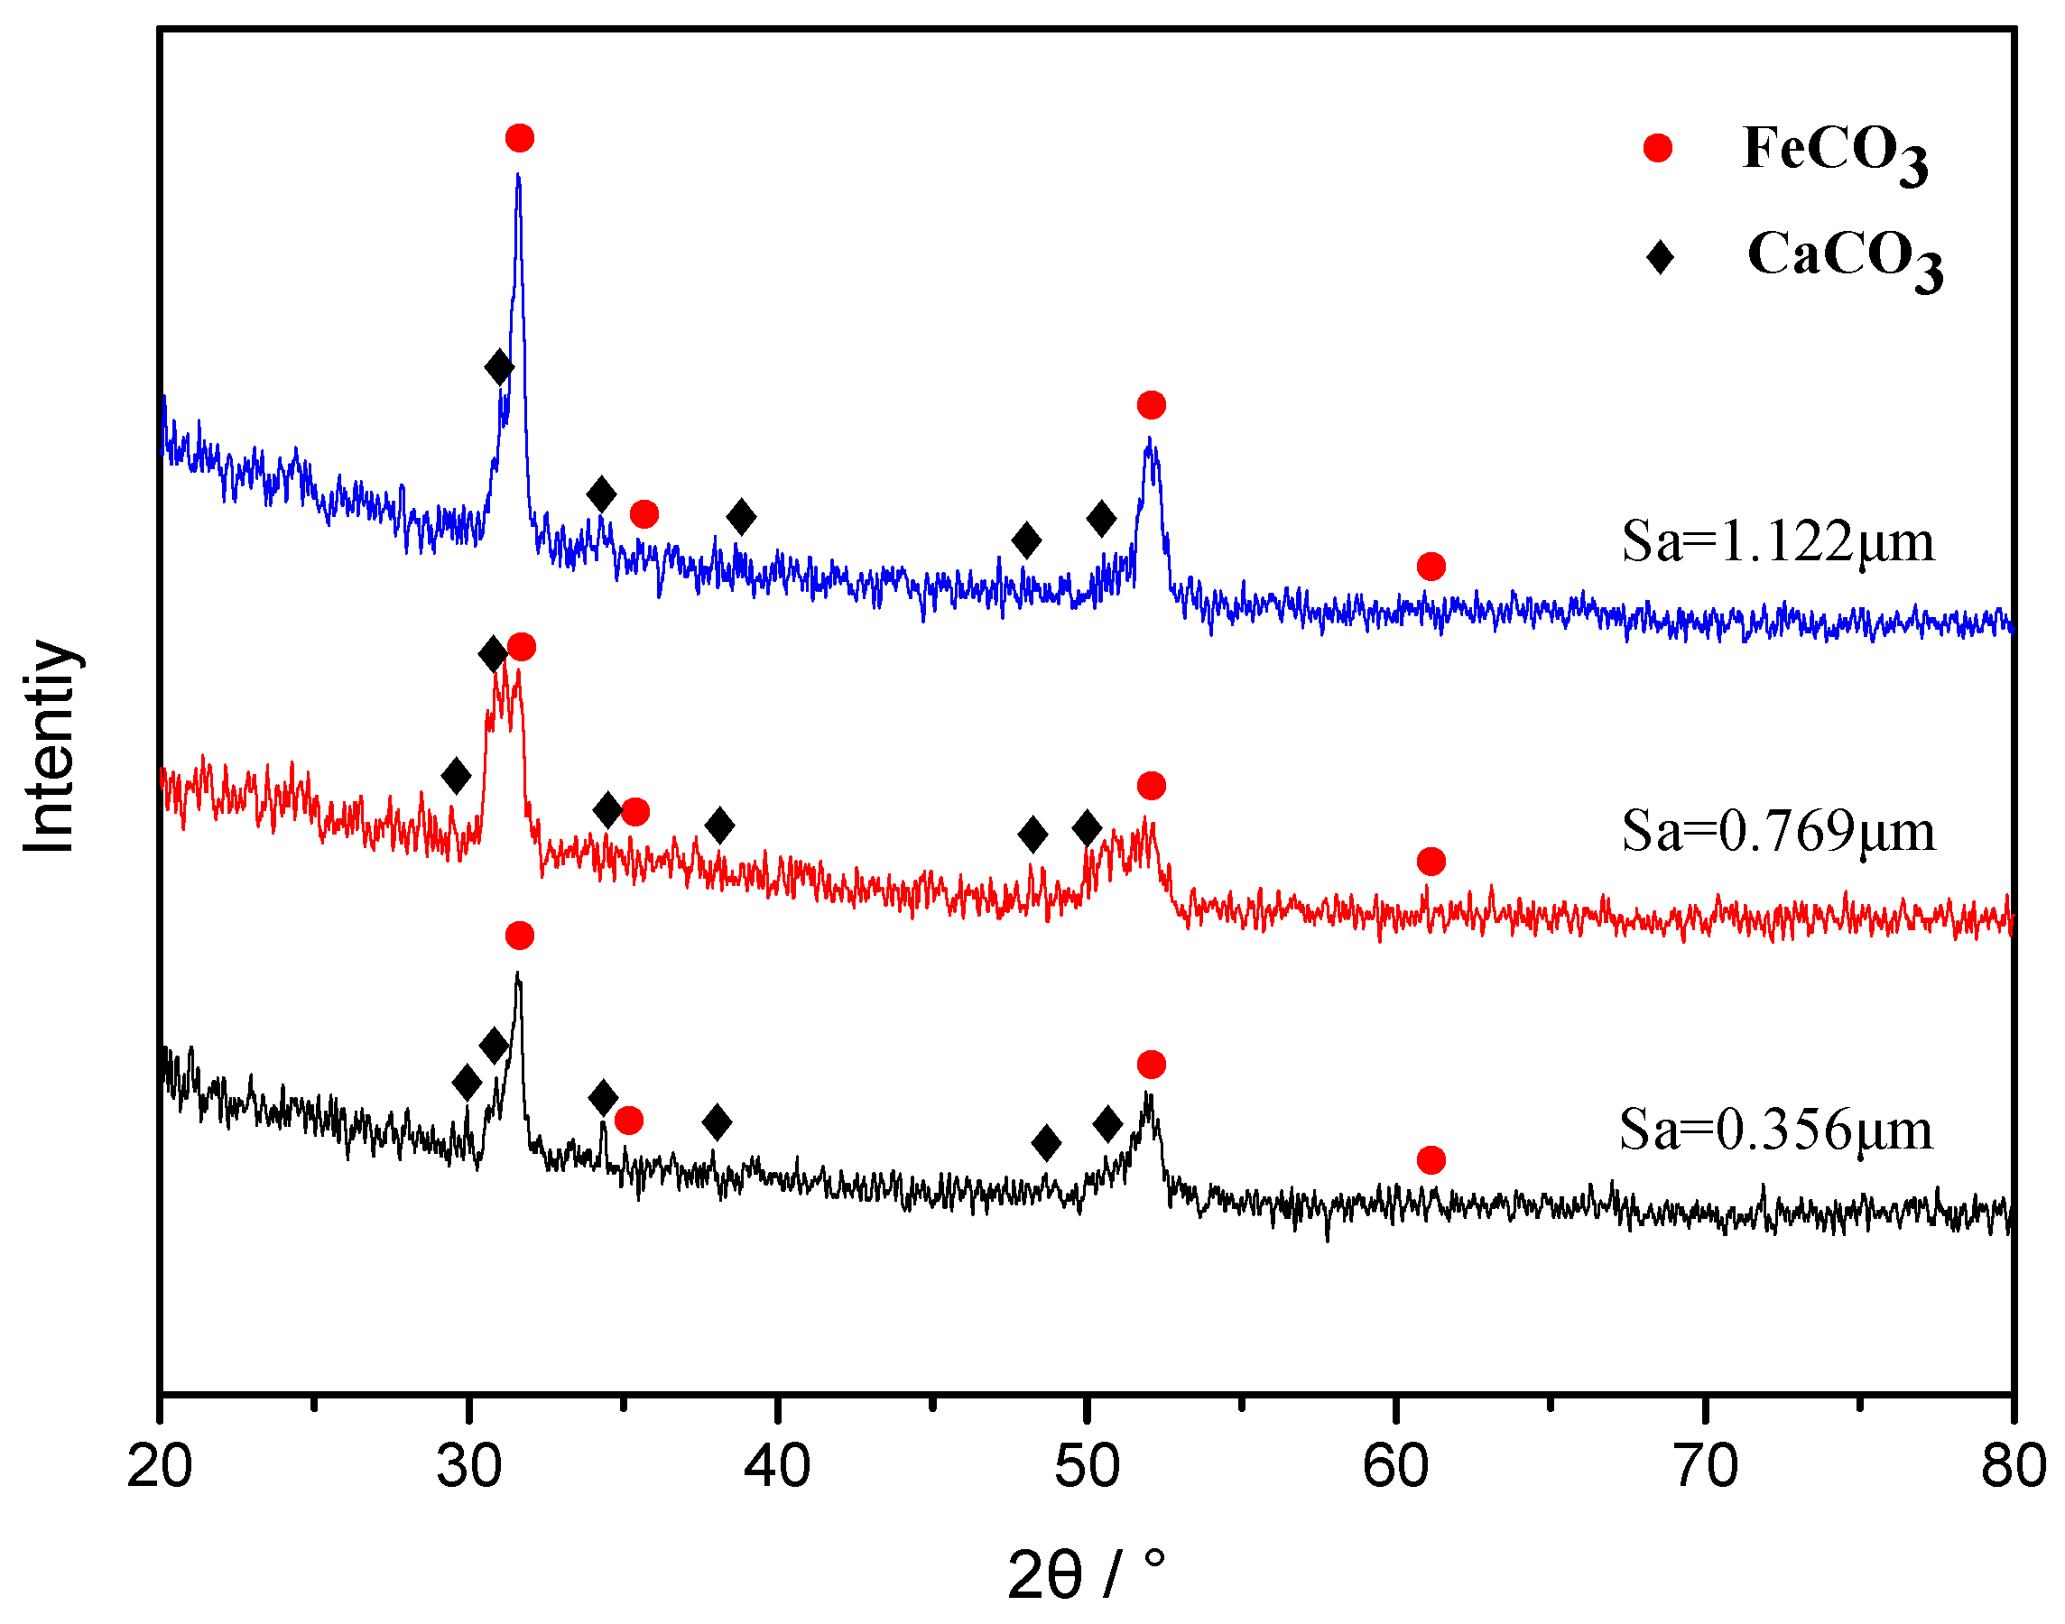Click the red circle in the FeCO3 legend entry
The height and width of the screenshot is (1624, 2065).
pos(1657,148)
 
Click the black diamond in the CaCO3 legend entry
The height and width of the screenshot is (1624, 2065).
pos(1660,257)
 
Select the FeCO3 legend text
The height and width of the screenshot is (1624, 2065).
pos(1834,152)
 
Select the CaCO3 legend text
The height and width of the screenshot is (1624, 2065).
pos(1843,258)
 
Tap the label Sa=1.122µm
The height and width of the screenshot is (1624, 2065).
pos(1777,542)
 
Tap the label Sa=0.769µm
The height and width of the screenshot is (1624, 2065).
pos(1777,831)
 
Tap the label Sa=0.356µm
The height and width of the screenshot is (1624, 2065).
pos(1775,1130)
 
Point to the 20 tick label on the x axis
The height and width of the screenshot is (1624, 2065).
pos(160,1465)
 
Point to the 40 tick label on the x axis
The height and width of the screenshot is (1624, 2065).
pos(777,1465)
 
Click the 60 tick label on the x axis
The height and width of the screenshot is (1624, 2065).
pos(1395,1465)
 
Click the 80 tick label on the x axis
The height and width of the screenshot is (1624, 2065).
pos(2013,1465)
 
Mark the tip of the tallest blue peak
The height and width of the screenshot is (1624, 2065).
pos(517,175)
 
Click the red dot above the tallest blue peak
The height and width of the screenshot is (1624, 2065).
pos(519,138)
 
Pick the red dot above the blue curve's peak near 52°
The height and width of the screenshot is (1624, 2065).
pos(1151,405)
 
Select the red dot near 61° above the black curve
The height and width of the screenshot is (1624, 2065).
pos(1431,1160)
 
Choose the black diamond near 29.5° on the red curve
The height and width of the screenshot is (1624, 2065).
pos(457,776)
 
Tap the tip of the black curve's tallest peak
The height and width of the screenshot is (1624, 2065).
pos(517,973)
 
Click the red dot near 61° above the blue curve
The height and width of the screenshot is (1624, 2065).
pos(1431,567)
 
